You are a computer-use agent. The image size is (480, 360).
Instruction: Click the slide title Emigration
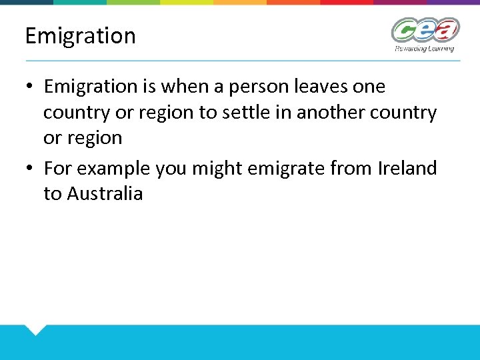click(80, 35)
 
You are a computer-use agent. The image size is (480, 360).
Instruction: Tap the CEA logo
click(425, 30)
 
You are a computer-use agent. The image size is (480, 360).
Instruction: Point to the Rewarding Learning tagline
click(425, 49)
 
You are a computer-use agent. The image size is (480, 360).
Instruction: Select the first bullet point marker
click(31, 87)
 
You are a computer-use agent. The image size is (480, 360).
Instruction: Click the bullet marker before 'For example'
click(31, 169)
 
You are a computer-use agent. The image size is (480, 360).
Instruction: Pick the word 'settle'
click(242, 113)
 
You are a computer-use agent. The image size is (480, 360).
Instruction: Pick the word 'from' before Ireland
click(353, 168)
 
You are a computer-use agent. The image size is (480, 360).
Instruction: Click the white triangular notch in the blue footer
click(35, 329)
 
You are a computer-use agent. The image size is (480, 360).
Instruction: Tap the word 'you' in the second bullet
click(172, 168)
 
